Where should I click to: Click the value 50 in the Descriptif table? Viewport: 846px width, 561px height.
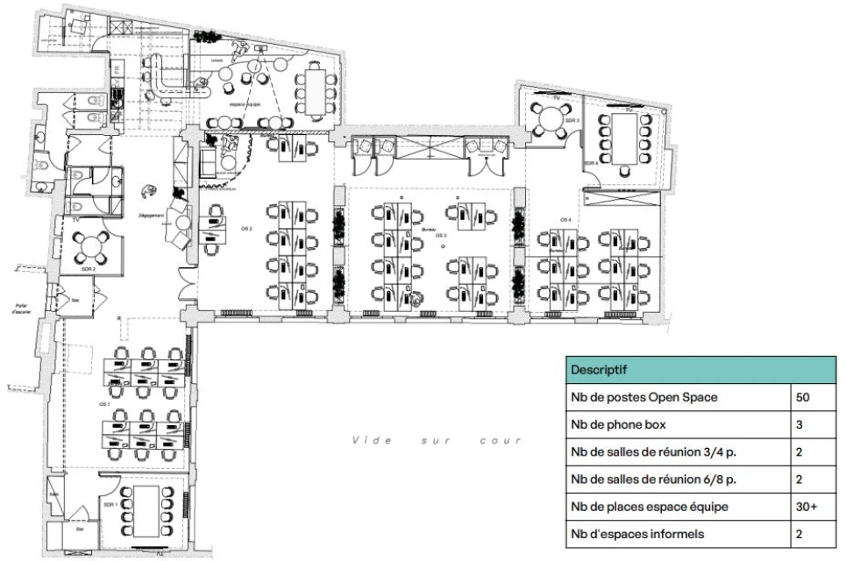point(802,397)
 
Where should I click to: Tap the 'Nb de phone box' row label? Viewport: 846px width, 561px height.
point(619,424)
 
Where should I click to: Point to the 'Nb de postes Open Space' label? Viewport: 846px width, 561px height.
point(643,397)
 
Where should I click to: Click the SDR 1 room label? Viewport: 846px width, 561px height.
point(110,506)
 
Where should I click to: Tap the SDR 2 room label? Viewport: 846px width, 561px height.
point(88,269)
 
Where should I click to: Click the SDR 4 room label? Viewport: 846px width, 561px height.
point(592,163)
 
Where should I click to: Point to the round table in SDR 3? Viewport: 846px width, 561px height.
point(549,118)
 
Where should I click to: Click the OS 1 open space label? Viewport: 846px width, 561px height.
point(104,404)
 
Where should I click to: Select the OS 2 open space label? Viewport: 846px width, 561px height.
point(247,228)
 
